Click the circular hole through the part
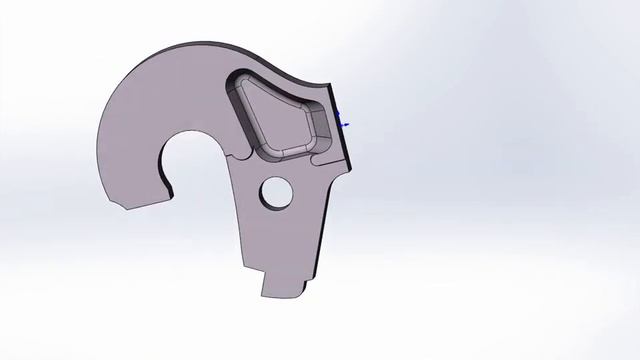pos(274,193)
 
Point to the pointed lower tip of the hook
pos(113,203)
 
